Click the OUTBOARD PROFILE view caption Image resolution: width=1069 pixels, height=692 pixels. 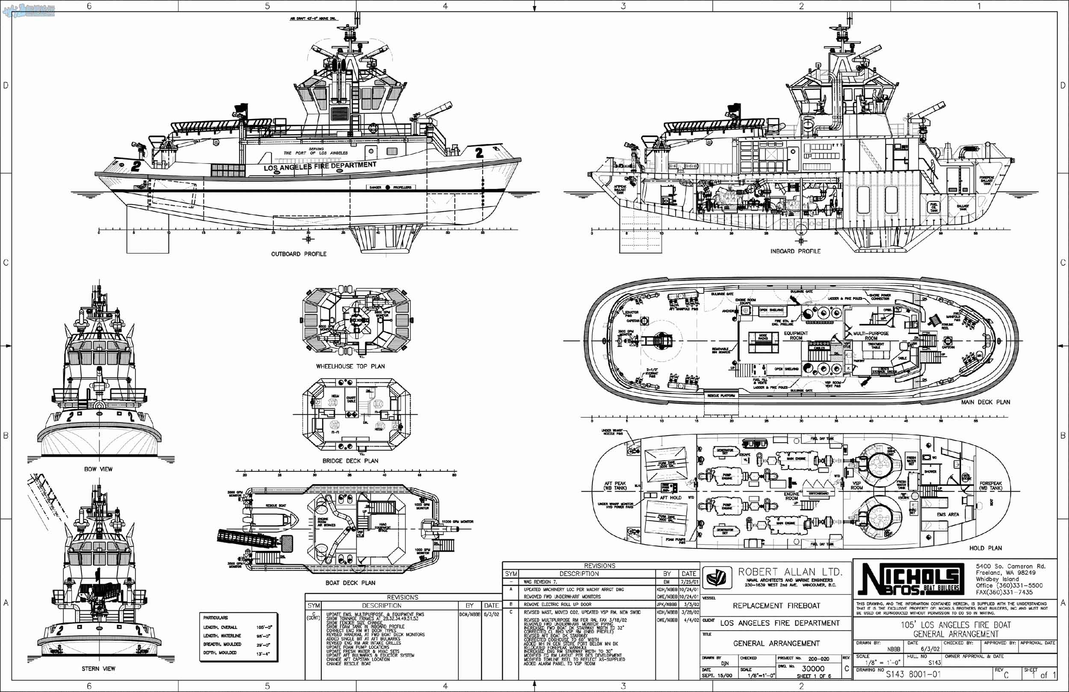click(299, 254)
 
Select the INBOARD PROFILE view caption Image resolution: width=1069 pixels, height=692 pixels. click(795, 251)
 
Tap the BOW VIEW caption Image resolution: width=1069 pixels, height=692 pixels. click(98, 469)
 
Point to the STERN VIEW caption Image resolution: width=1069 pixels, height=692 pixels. click(98, 668)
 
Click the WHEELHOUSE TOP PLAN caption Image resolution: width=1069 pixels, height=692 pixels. click(350, 366)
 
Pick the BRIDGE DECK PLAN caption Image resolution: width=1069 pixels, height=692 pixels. click(350, 461)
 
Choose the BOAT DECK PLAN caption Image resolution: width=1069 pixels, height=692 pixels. click(350, 583)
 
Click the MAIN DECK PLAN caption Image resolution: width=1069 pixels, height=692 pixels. click(986, 402)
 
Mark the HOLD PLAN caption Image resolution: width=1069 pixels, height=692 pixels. click(986, 548)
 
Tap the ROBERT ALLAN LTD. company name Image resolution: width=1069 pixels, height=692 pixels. click(790, 572)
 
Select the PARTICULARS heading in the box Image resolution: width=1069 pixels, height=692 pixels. click(216, 618)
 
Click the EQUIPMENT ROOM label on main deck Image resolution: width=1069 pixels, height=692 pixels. click(796, 336)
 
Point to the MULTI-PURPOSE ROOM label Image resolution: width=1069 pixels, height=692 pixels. click(871, 336)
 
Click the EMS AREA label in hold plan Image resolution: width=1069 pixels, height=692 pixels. click(948, 515)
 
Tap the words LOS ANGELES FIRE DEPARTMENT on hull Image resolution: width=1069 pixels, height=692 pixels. click(320, 166)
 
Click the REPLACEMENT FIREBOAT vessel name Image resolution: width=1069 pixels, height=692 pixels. click(777, 606)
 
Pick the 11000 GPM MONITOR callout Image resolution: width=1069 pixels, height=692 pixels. click(458, 522)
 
